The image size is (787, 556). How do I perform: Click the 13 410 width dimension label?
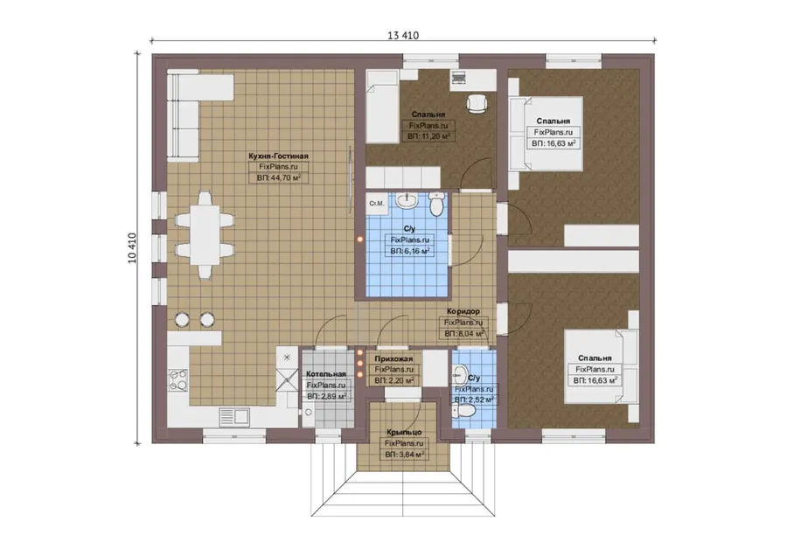[402, 36]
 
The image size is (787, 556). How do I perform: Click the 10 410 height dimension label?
[132, 248]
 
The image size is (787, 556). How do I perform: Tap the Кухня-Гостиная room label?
[279, 156]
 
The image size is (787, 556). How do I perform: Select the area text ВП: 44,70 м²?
[279, 177]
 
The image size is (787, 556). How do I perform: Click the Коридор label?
[463, 311]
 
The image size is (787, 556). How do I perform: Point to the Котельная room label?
[326, 374]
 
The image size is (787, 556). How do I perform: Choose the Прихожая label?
[394, 358]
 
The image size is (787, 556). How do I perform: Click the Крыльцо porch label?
[404, 432]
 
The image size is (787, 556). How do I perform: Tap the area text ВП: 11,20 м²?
[428, 136]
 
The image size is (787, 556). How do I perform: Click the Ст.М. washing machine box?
[376, 204]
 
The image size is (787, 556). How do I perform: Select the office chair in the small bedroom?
[477, 103]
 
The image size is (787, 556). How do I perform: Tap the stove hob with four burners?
[178, 380]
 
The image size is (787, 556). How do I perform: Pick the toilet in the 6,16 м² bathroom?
[436, 204]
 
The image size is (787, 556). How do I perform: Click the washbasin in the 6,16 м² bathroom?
[407, 201]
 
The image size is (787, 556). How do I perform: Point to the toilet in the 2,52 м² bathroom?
[464, 412]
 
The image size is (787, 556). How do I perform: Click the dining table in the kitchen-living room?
[205, 235]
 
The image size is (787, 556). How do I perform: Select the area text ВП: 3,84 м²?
[405, 455]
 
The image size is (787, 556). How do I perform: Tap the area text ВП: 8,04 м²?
[463, 334]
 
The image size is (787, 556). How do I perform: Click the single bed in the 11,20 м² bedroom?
[382, 106]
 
